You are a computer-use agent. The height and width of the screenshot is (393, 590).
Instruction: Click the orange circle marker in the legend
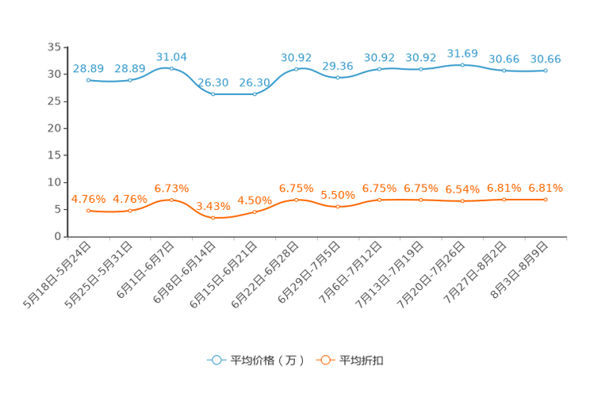324,360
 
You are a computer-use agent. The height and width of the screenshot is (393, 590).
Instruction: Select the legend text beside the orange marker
361,361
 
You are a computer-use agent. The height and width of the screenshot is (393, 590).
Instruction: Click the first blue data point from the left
88,80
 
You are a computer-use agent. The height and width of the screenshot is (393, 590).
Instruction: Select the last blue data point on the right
546,71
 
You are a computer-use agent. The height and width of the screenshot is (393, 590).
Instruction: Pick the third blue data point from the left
171,69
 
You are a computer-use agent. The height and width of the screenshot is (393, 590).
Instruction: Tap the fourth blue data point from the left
213,93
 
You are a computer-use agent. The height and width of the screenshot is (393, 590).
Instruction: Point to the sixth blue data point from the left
296,69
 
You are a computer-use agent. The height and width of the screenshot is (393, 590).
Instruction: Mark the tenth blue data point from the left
462,65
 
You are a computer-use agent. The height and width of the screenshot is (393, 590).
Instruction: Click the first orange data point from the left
88,212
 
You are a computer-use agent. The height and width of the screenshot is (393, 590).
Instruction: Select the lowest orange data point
213,218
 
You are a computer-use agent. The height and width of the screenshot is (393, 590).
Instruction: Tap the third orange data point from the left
171,200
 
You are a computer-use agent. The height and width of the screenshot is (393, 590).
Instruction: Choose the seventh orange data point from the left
338,207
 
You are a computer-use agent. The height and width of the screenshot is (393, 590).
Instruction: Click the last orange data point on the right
546,200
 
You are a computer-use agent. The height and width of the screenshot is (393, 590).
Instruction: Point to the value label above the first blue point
88,68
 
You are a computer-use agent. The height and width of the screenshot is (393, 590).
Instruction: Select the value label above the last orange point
546,188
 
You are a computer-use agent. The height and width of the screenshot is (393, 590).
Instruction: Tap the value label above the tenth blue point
462,53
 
